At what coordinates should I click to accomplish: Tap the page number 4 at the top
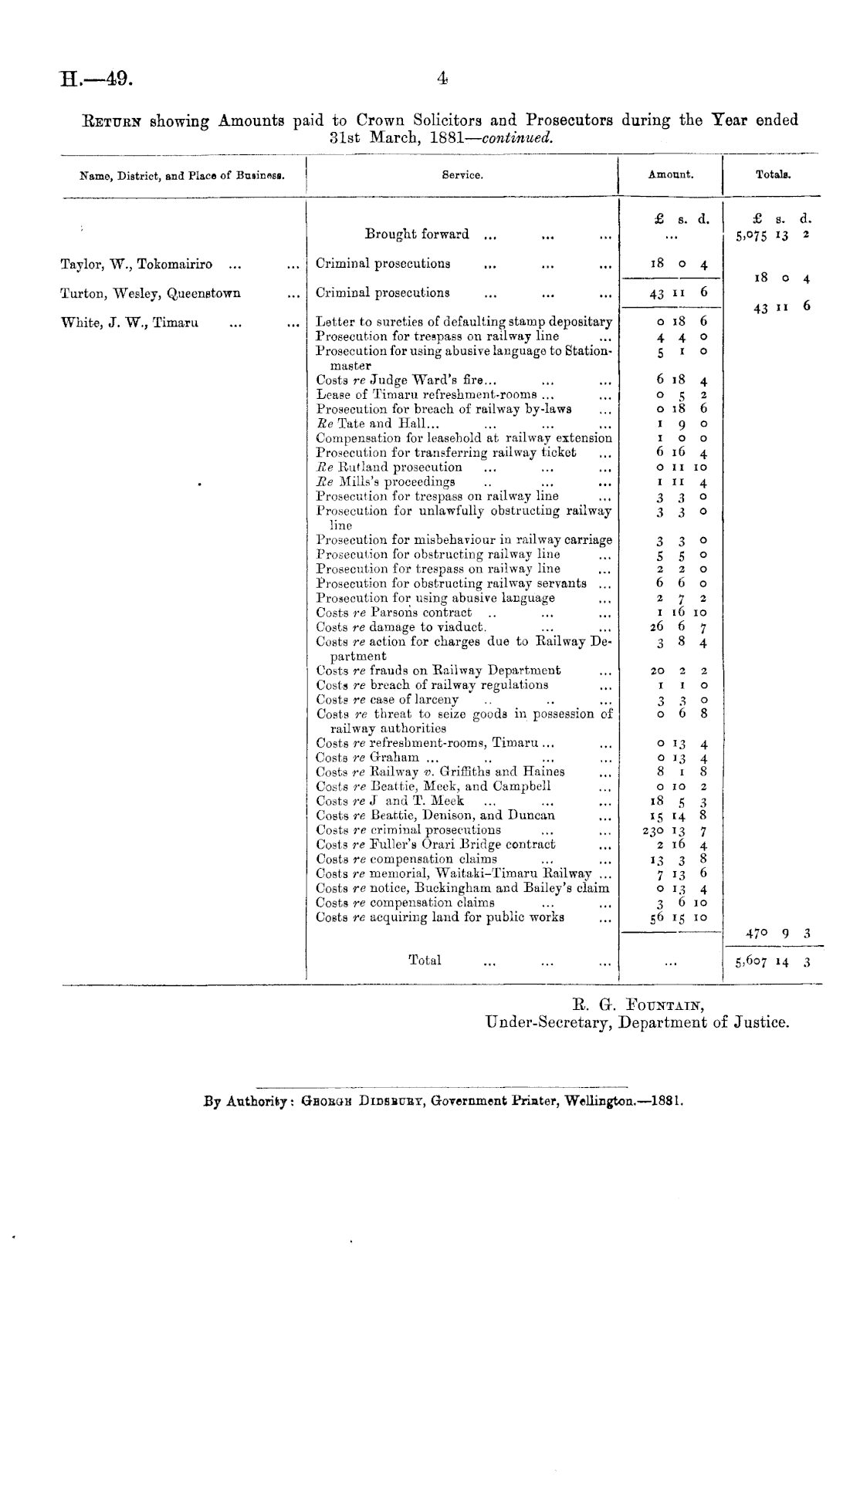point(442,77)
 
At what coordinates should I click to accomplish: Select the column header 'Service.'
point(462,175)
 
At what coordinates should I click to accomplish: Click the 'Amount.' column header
point(670,175)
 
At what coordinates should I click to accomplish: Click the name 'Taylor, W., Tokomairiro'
point(136,264)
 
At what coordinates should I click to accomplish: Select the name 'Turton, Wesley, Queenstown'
point(150,293)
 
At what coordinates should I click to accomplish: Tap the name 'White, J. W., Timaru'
point(129,323)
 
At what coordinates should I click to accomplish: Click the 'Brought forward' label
point(416,234)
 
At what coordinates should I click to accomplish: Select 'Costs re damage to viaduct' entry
point(401,627)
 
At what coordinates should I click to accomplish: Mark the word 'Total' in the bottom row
point(425,961)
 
